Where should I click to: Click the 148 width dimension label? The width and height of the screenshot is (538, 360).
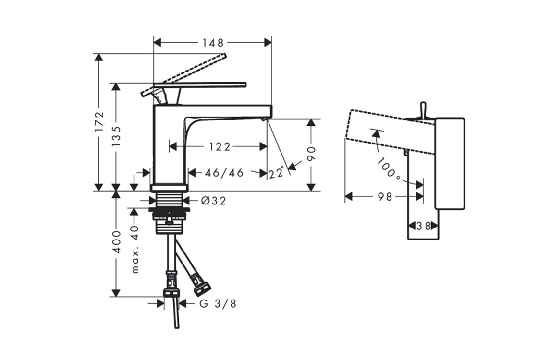point(213,43)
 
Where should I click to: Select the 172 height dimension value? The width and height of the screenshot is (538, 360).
point(99,121)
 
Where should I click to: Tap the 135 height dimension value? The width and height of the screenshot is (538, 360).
point(116,136)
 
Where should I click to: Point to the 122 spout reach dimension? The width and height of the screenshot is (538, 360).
point(220,147)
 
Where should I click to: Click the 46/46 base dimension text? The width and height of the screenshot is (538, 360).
point(224,173)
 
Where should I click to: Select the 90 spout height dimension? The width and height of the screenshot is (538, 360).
point(311,154)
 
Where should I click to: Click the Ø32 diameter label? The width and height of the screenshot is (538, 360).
point(213,201)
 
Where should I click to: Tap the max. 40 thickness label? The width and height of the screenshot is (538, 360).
point(135,249)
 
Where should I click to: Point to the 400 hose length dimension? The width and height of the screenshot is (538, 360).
point(117,242)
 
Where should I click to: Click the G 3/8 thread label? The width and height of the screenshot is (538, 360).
point(218,303)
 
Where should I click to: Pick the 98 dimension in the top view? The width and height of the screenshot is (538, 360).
point(385,197)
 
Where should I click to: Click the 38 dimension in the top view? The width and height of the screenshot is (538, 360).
point(423,226)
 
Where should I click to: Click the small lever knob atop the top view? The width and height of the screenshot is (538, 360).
point(423,109)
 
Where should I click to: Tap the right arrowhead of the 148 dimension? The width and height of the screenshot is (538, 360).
point(268,43)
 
